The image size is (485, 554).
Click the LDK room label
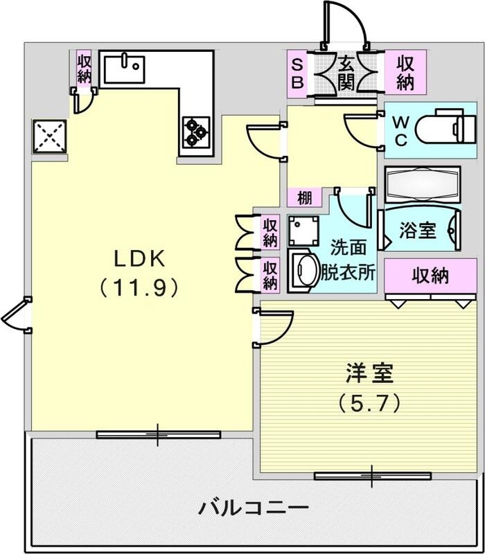(139, 258)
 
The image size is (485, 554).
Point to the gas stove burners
(196, 129)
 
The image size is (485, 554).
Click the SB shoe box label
(297, 73)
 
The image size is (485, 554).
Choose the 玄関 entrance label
(346, 73)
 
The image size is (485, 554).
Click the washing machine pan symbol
(303, 230)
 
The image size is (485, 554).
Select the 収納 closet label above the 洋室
(431, 276)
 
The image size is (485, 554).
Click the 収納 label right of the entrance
(405, 73)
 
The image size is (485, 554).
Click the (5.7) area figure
(370, 401)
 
